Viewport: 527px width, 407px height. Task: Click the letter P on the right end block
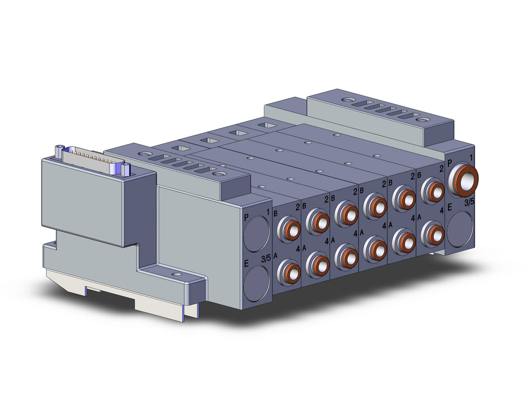450,164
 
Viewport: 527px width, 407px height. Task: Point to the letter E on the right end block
450,208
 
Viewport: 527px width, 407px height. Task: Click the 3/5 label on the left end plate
265,259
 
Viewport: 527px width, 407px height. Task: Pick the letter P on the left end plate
246,217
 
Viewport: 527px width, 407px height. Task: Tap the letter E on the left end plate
246,263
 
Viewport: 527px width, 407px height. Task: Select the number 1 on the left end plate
268,212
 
